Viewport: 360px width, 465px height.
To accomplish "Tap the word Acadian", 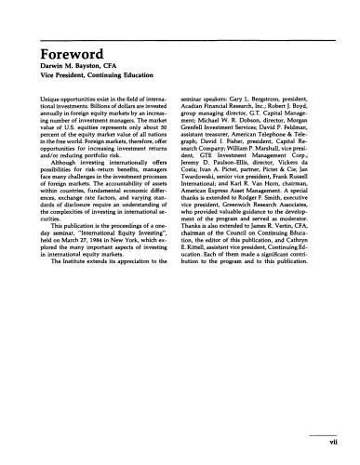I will coord(202,107).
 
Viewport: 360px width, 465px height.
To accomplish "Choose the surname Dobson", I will coord(272,125).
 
